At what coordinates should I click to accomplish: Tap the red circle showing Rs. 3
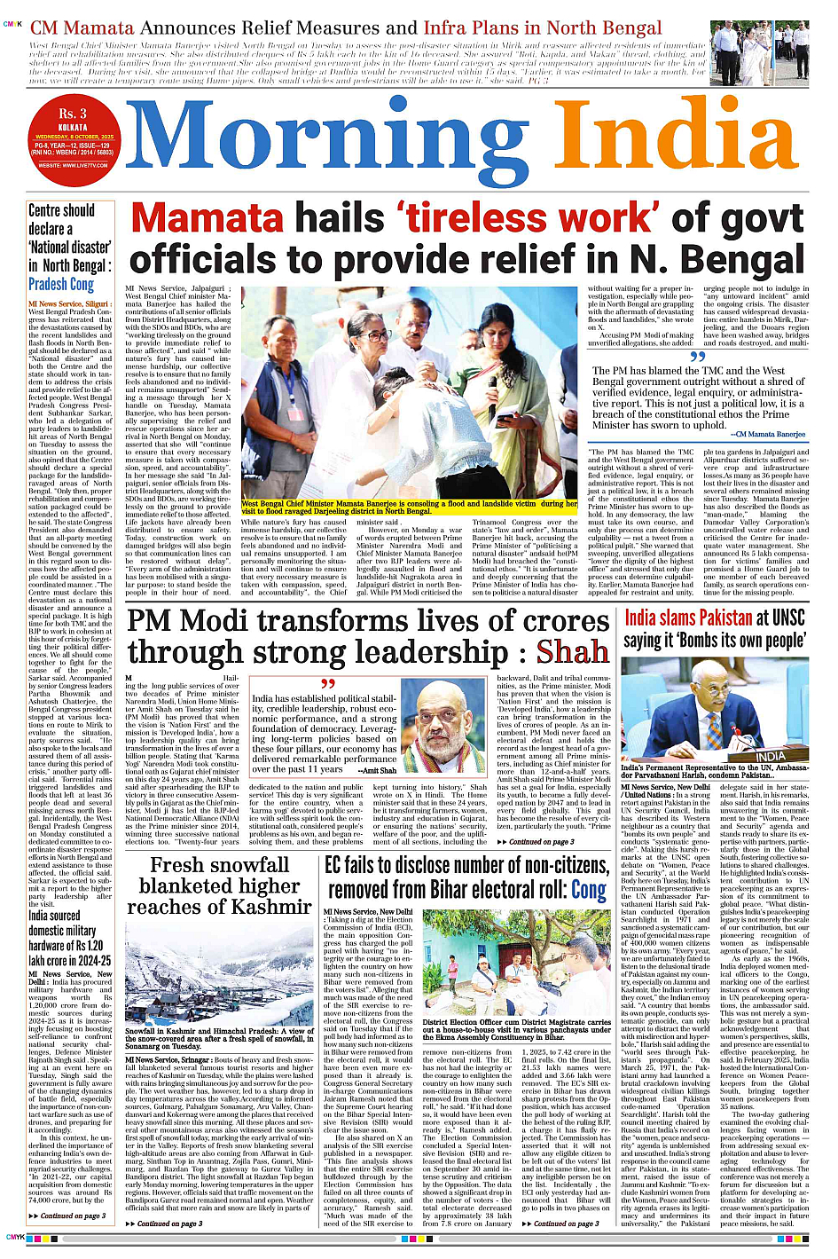[73, 134]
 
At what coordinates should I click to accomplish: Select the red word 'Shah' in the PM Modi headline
[572, 652]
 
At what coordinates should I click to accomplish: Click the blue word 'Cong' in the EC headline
[589, 890]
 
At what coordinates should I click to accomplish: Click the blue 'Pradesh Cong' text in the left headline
[61, 285]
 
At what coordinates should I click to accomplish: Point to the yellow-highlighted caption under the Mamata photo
[409, 508]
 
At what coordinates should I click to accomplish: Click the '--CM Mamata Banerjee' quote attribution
[768, 435]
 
